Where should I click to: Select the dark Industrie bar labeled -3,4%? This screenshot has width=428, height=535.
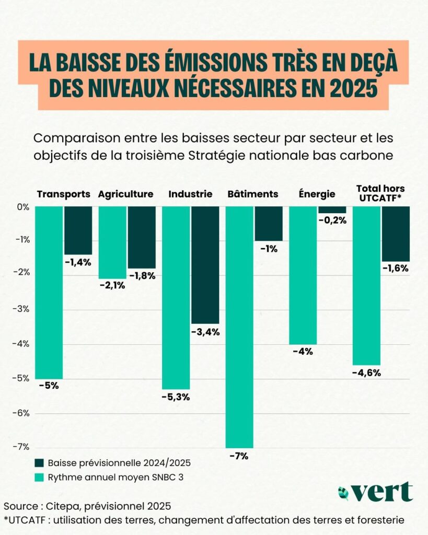click(x=204, y=265)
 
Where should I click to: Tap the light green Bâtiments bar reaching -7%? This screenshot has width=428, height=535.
click(x=239, y=327)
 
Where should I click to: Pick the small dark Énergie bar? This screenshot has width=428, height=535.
click(x=332, y=210)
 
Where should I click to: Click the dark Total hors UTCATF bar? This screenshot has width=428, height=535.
click(x=396, y=234)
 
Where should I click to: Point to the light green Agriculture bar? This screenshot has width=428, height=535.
click(x=112, y=242)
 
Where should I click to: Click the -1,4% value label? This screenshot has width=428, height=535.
click(x=78, y=262)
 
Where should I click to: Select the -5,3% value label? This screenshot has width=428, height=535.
click(x=175, y=397)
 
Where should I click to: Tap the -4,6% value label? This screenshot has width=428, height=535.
click(x=366, y=373)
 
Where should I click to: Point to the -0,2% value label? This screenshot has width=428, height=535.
click(x=332, y=220)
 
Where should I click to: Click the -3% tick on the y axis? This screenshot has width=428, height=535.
click(x=22, y=309)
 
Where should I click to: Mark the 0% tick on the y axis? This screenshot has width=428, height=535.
click(x=24, y=207)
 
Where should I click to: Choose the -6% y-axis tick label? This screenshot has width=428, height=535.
click(x=22, y=413)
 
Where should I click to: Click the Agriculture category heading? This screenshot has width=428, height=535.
click(x=125, y=194)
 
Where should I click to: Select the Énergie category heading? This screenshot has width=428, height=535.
click(x=317, y=194)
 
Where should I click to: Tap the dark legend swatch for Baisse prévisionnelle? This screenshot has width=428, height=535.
click(x=40, y=463)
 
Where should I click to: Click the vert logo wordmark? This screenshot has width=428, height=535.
click(x=381, y=492)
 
